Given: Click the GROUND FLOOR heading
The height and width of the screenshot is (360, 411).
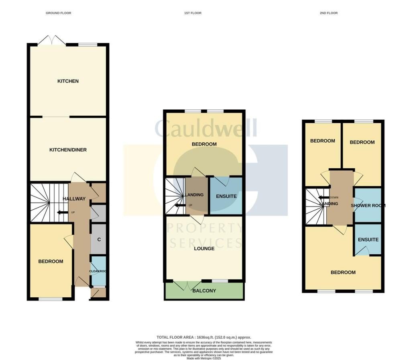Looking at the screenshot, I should click(59, 13).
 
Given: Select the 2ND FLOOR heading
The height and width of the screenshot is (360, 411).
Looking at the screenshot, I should click(329, 13).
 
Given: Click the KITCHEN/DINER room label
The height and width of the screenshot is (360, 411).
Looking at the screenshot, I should click(68, 150).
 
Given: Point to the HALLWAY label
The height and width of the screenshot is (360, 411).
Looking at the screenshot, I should click(74, 198).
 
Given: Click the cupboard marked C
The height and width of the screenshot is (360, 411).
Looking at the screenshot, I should click(98, 239).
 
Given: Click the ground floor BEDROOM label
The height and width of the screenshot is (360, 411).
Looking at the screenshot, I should click(51, 262).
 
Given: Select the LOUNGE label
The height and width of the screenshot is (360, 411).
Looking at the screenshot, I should click(204, 249).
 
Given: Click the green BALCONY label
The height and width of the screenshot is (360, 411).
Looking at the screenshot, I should click(204, 291).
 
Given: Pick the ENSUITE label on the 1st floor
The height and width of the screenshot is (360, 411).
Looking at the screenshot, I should click(226, 196).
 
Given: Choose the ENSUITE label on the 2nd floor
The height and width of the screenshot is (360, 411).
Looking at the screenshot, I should click(368, 240).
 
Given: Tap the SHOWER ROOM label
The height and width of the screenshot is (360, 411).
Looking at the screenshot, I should click(368, 206).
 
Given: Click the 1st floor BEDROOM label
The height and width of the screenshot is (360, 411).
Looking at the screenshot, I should click(204, 144).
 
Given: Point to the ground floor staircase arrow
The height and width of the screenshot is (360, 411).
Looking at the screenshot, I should click(62, 212).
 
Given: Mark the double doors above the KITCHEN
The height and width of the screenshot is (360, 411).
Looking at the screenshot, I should click(53, 40).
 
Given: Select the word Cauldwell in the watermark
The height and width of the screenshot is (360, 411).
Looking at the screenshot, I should click(205, 129).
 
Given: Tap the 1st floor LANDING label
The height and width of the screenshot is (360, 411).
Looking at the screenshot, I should click(195, 195).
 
